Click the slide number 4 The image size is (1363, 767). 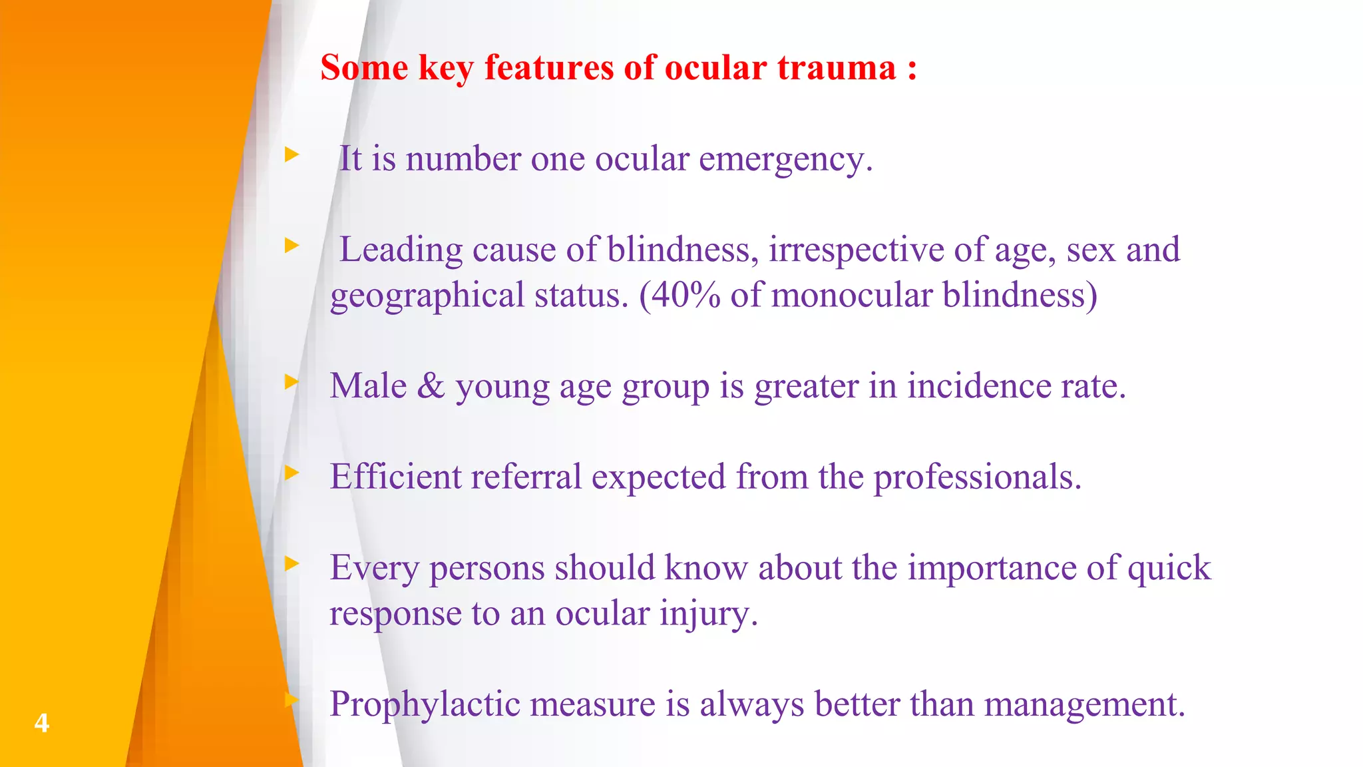[x=41, y=722]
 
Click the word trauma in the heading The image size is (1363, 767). [x=837, y=68]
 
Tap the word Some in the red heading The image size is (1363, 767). [x=364, y=68]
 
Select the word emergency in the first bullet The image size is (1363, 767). [x=785, y=160]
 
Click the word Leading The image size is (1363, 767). [x=401, y=250]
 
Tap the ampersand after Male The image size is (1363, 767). [x=431, y=386]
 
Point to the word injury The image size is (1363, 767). [x=708, y=614]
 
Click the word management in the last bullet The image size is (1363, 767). [x=1084, y=705]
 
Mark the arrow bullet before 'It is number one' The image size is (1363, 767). [x=292, y=155]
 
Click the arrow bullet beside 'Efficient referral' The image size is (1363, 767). [x=292, y=473]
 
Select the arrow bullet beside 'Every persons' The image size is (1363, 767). [x=292, y=565]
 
